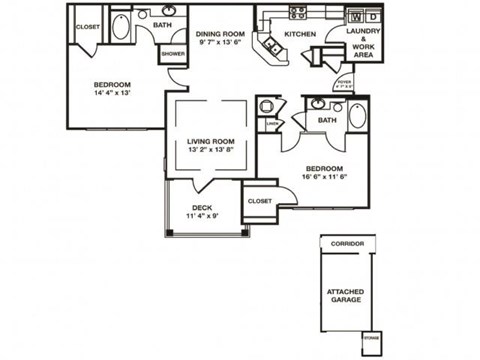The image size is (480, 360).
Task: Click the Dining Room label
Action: tap(221, 32)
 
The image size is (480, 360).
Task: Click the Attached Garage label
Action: tap(345, 297)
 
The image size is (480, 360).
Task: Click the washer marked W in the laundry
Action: tap(354, 17)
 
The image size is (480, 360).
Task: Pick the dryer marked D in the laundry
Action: tap(372, 17)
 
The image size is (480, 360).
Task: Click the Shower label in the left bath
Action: tap(173, 52)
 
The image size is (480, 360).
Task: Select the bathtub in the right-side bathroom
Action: tap(357, 114)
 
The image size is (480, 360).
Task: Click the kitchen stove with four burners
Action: tap(297, 13)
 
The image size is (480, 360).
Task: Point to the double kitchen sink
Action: tap(269, 47)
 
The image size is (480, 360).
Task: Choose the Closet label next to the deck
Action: tap(260, 200)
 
